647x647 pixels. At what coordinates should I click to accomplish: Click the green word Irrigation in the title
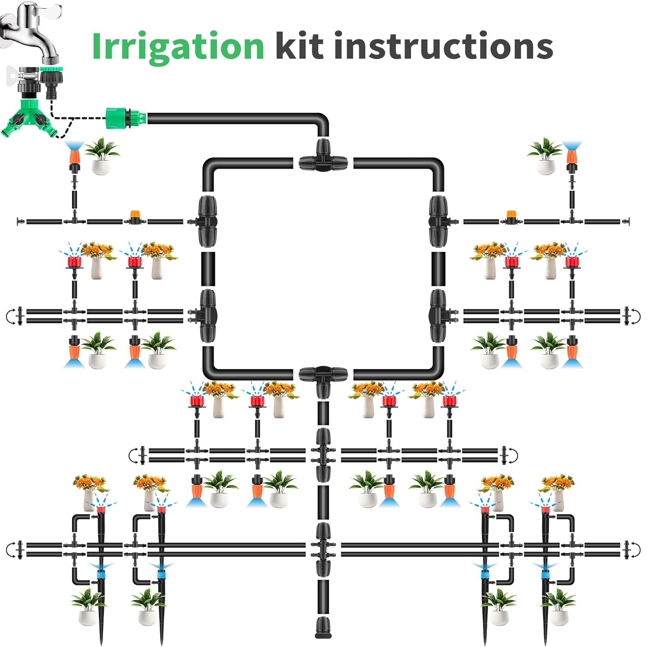pos(178,47)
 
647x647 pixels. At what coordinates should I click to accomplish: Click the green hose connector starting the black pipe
pos(126,118)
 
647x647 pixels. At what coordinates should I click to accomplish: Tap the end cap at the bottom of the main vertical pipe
pos(323,627)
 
